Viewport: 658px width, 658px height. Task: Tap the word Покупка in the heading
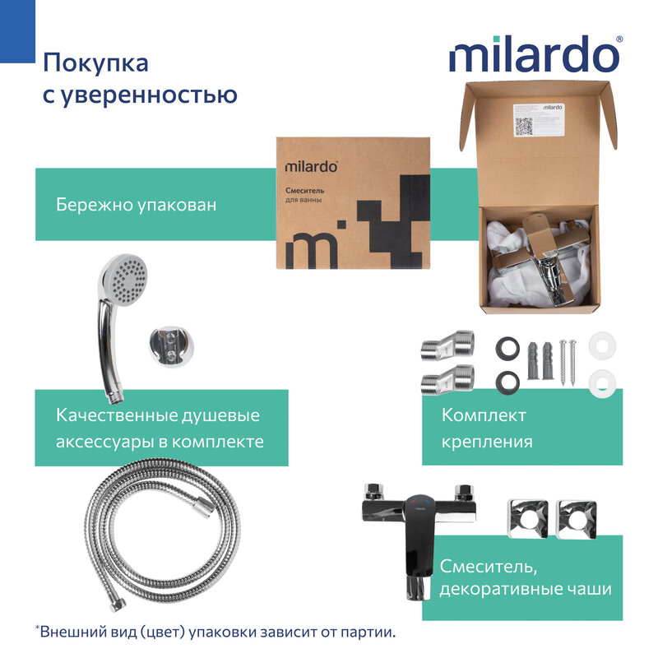[x=95, y=63]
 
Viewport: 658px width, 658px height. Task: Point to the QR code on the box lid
[x=524, y=126]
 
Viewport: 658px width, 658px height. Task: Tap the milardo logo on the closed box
[x=311, y=165]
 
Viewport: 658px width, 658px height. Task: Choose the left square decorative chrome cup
[x=524, y=517]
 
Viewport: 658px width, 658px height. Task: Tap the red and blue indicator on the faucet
[x=421, y=507]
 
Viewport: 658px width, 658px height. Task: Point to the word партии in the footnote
[x=364, y=633]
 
